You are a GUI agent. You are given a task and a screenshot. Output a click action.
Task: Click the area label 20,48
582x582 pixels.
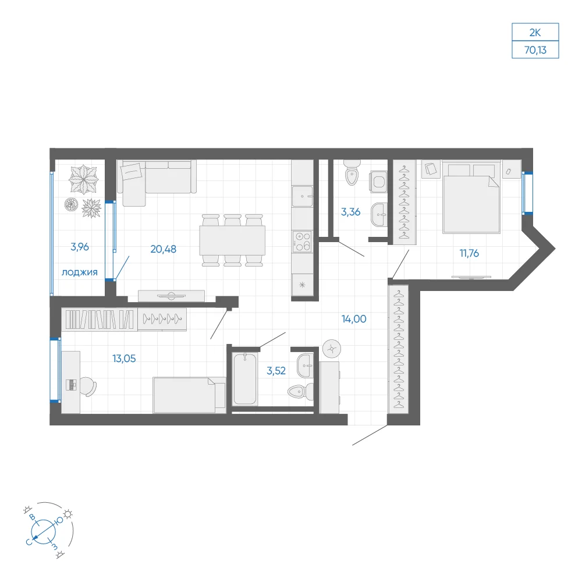click(164, 249)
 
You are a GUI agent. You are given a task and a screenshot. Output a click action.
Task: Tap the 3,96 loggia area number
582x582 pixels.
click(80, 247)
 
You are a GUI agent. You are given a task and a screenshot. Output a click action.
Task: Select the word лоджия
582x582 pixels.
click(79, 272)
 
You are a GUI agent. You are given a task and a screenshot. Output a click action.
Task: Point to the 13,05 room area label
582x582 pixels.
click(124, 359)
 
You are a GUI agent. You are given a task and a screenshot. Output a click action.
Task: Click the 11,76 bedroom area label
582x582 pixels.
click(469, 253)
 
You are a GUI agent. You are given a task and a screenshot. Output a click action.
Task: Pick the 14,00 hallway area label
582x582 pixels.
click(354, 319)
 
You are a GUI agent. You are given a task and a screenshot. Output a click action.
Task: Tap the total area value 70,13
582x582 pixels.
click(535, 49)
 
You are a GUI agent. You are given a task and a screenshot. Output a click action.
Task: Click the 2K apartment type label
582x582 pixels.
click(535, 33)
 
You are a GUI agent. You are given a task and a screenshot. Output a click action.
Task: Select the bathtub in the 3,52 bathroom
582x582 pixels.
click(244, 378)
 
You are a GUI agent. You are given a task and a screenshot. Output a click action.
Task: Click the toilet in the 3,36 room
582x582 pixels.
click(352, 172)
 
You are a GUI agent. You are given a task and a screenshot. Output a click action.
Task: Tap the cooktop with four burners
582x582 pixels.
click(302, 242)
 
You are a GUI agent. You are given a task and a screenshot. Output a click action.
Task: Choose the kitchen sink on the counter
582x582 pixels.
click(302, 196)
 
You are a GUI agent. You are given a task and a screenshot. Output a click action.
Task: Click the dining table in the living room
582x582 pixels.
click(232, 240)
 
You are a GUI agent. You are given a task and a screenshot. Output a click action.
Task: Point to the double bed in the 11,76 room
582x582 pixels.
click(471, 199)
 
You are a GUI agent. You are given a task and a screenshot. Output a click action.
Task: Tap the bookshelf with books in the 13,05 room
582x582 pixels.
click(100, 319)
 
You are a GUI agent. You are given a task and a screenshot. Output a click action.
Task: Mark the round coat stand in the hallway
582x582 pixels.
click(332, 349)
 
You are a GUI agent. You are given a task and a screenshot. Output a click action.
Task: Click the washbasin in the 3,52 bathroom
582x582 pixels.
click(305, 365)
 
